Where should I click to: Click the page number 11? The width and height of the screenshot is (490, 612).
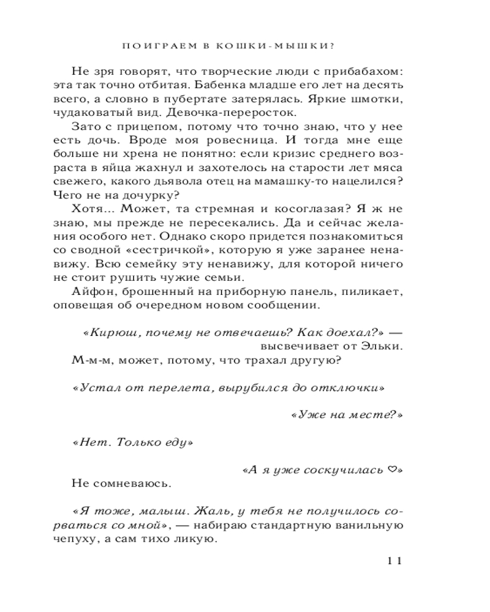tap(393, 561)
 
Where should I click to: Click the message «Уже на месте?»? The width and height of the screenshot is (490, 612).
tap(346, 414)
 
